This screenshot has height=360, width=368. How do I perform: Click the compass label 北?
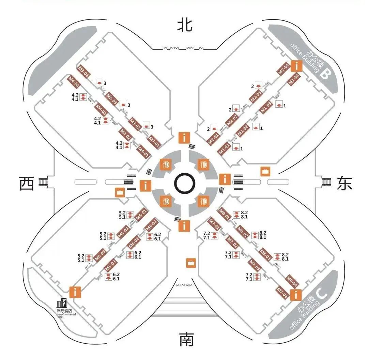click(184, 25)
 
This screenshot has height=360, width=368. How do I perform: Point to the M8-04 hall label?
click(293, 281)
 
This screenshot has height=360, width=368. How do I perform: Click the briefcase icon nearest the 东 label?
click(265, 171)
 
